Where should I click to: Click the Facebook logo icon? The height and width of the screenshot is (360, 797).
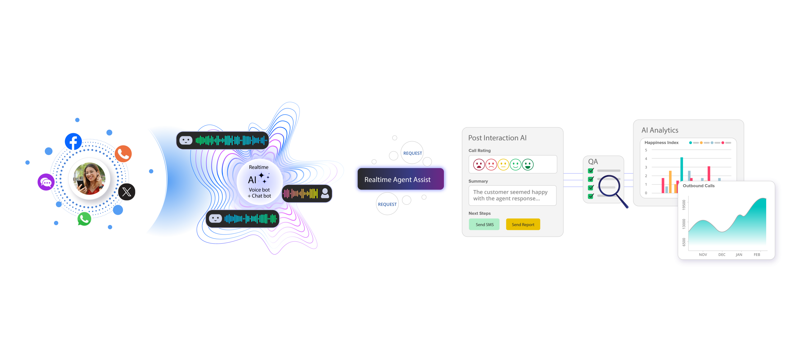point(73,142)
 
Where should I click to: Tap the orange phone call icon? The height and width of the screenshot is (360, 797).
point(123,154)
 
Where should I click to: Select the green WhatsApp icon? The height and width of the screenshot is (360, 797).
point(84,219)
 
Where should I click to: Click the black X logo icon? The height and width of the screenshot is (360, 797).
point(127,192)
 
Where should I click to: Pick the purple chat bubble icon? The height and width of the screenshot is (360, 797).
point(46,182)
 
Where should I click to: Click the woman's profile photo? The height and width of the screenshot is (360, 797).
point(89,179)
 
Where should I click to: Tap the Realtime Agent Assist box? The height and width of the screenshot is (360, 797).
point(400,179)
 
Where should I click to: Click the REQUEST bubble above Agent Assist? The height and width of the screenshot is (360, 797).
point(412,153)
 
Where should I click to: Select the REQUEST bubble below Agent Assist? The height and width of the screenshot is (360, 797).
point(387,204)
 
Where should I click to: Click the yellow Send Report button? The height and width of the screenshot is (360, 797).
point(523,224)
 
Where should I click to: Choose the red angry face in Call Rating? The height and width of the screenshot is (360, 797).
point(479,164)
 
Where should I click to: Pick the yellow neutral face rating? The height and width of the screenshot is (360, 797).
point(503,164)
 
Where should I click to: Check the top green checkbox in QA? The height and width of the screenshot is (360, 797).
point(591,171)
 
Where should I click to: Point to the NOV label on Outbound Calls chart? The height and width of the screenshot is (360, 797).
point(703,255)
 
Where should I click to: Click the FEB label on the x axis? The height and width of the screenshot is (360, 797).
point(757,255)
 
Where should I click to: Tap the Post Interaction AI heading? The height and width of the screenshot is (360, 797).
point(497,138)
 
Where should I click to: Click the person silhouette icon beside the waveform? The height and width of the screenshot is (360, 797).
point(325,193)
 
